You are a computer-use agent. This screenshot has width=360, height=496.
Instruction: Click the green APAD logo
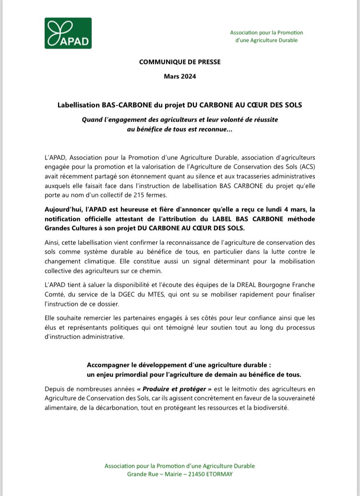tap(68, 33)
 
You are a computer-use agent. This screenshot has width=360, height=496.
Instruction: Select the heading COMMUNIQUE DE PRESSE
tap(180, 62)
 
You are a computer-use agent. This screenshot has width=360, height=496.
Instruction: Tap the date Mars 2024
tap(180, 76)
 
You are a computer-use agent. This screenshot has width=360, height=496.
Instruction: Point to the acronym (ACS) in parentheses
tap(306, 166)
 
